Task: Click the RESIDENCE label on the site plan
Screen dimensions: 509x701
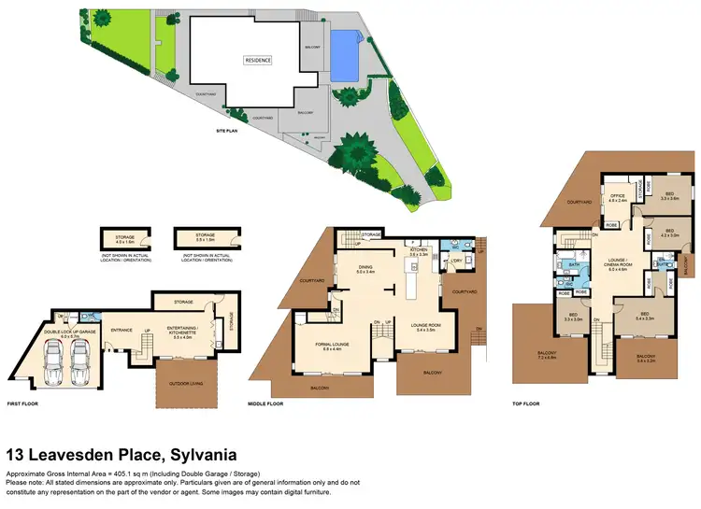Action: coord(258,60)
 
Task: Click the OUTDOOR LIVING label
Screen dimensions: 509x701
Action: coord(187,383)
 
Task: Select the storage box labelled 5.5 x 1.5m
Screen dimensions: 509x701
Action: coord(204,237)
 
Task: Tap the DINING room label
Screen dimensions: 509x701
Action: coord(367,268)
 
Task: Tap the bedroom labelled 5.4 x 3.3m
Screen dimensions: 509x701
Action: coord(645,317)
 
